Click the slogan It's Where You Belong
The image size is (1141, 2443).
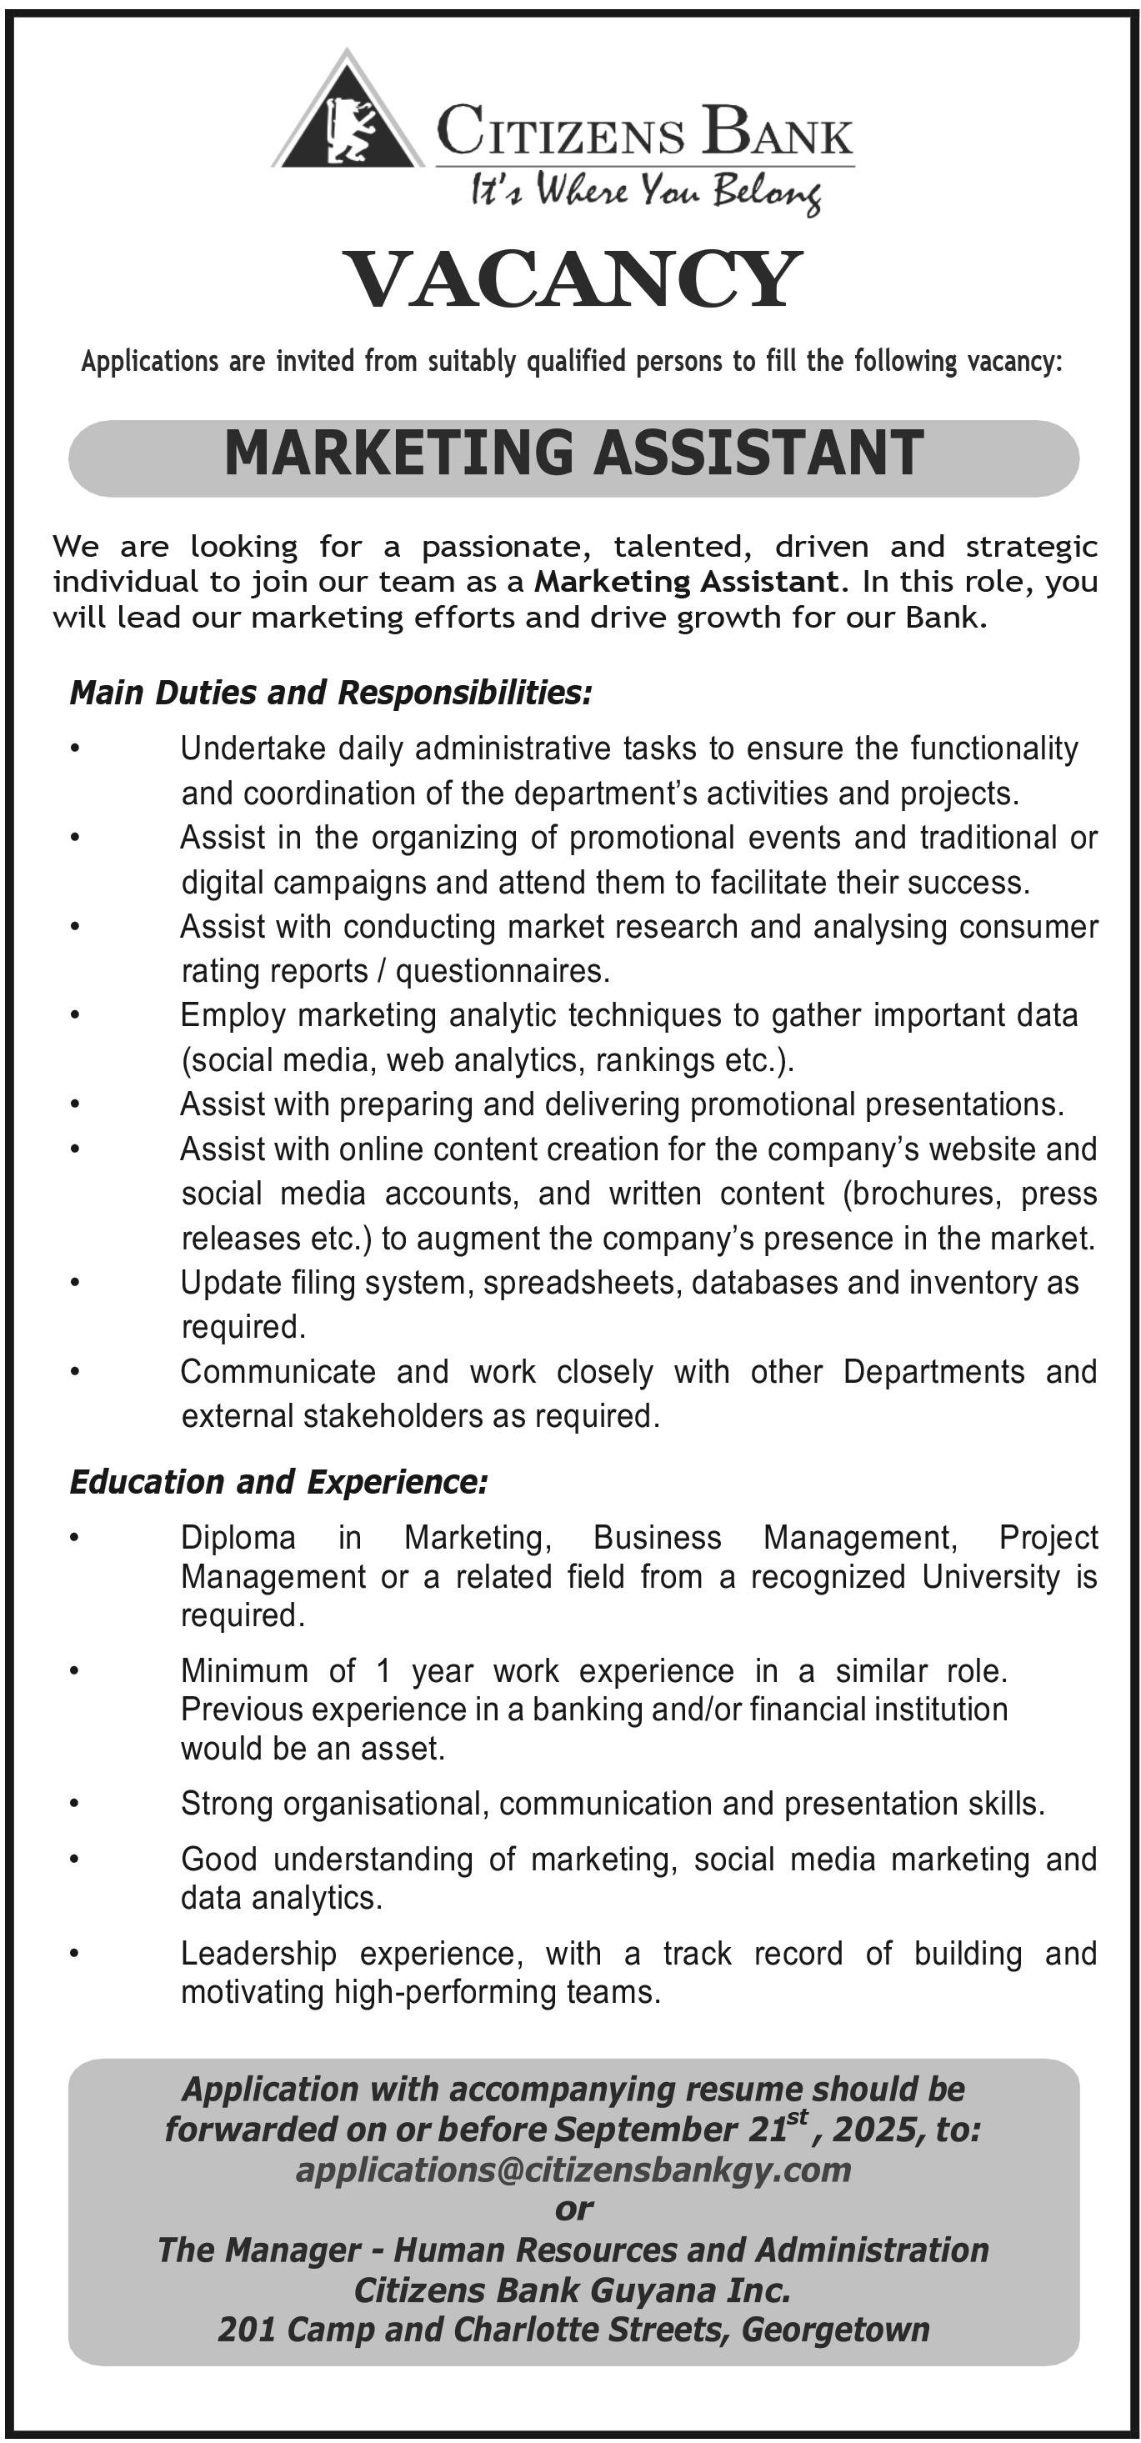point(645,193)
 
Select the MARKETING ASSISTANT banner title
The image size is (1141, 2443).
point(573,453)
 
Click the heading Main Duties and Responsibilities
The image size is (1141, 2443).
point(331,693)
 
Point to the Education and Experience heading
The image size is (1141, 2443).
point(279,1482)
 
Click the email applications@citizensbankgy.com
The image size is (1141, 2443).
point(573,2170)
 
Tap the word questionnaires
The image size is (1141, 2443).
point(502,971)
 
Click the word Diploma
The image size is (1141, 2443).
point(238,1537)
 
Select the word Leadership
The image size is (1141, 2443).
point(258,1954)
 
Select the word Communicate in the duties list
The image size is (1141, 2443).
point(278,1371)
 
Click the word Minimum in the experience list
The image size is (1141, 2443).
point(245,1670)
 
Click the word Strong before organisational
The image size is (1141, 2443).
point(227,1804)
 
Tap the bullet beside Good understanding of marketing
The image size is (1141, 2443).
point(75,1859)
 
